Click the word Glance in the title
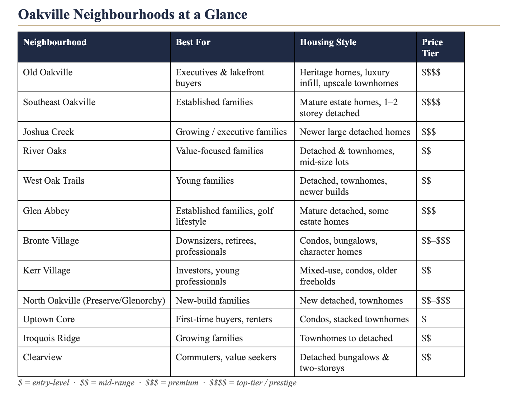tap(226, 14)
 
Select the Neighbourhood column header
tap(55, 42)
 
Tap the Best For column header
tap(193, 42)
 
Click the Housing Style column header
tap(328, 42)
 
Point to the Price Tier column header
tap(432, 47)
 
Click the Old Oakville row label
tap(48, 72)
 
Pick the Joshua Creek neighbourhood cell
tap(48, 132)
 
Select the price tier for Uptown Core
tap(424, 319)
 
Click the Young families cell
tap(205, 180)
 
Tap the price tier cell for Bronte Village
tap(436, 240)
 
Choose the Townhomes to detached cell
tap(346, 338)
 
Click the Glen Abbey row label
tap(46, 211)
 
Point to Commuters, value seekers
tap(226, 357)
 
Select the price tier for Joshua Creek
tap(429, 132)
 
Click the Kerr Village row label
tap(47, 270)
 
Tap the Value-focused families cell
tap(219, 151)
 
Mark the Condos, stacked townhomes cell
tap(354, 319)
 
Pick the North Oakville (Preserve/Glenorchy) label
tap(94, 300)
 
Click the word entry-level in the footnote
tap(51, 383)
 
